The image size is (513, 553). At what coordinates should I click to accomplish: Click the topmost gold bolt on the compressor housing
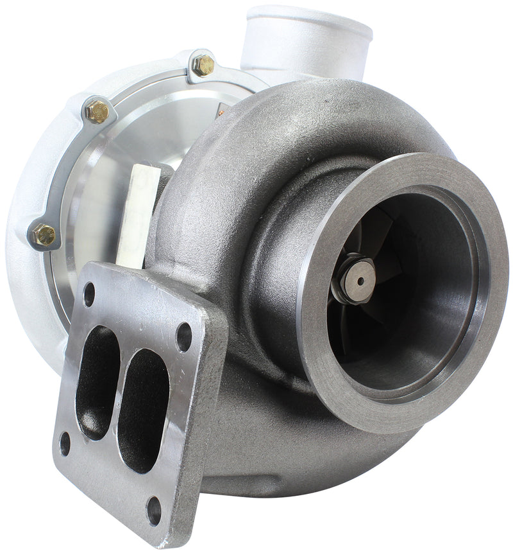(204, 65)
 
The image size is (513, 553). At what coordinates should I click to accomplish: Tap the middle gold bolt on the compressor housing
(98, 112)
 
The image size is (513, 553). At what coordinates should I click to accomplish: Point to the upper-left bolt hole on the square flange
(89, 294)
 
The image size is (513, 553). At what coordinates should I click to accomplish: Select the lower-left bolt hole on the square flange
(65, 443)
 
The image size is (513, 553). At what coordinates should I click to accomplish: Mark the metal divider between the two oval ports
(119, 392)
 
